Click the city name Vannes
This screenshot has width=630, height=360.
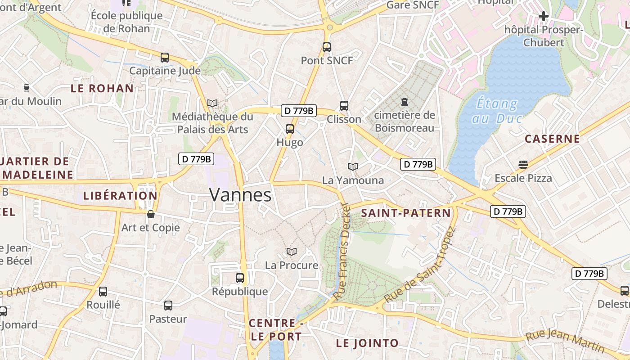coord(240,195)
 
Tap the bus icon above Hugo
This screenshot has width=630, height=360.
coord(290,129)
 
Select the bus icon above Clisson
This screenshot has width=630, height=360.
coord(344,106)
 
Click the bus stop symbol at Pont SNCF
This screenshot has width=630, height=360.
coord(327,47)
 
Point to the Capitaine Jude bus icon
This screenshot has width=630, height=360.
coord(165,58)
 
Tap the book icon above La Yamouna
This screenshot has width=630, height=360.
coord(353,166)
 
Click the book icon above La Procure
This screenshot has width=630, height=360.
coord(292,252)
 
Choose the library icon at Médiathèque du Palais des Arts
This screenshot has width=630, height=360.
coord(212,103)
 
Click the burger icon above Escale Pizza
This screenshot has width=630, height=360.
coord(523,164)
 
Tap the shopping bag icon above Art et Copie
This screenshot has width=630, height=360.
coord(151,214)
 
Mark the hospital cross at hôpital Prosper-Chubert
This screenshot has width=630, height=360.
coord(544,17)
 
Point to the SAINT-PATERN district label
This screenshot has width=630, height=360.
coord(406,213)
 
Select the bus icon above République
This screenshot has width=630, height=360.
coord(240,278)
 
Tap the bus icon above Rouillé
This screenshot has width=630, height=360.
coord(103,291)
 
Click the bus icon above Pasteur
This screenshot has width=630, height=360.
coord(168,306)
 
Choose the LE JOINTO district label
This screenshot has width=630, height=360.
coord(367,343)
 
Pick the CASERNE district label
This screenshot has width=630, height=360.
coord(552,139)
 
